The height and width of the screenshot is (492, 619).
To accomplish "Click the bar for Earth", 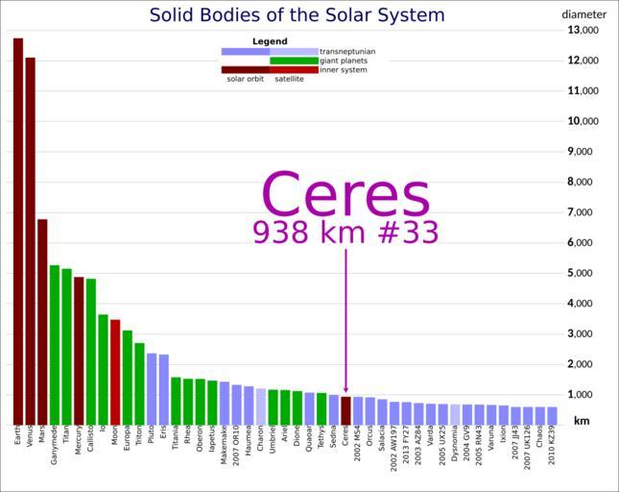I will (x=18, y=231).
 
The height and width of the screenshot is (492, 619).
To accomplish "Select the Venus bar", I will (x=31, y=240).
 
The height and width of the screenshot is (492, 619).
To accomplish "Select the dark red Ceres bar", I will (x=345, y=410).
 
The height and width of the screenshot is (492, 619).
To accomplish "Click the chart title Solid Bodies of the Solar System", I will (x=297, y=15).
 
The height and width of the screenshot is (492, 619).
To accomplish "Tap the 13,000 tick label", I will (x=583, y=30).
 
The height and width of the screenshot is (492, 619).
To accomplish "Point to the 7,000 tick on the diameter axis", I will (x=583, y=212).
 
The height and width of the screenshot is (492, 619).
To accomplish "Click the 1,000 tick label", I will (x=583, y=395).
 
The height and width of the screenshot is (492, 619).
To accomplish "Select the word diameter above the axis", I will (x=583, y=14).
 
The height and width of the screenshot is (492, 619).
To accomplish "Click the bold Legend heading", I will (x=270, y=41).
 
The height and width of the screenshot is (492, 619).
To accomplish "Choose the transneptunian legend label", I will (x=347, y=51).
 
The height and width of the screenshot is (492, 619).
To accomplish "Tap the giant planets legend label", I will (x=344, y=61).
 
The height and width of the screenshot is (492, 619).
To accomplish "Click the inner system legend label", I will (x=344, y=70).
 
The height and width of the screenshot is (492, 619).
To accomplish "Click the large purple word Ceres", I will (x=345, y=195).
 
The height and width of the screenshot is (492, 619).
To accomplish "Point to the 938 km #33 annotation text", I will (x=345, y=233).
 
